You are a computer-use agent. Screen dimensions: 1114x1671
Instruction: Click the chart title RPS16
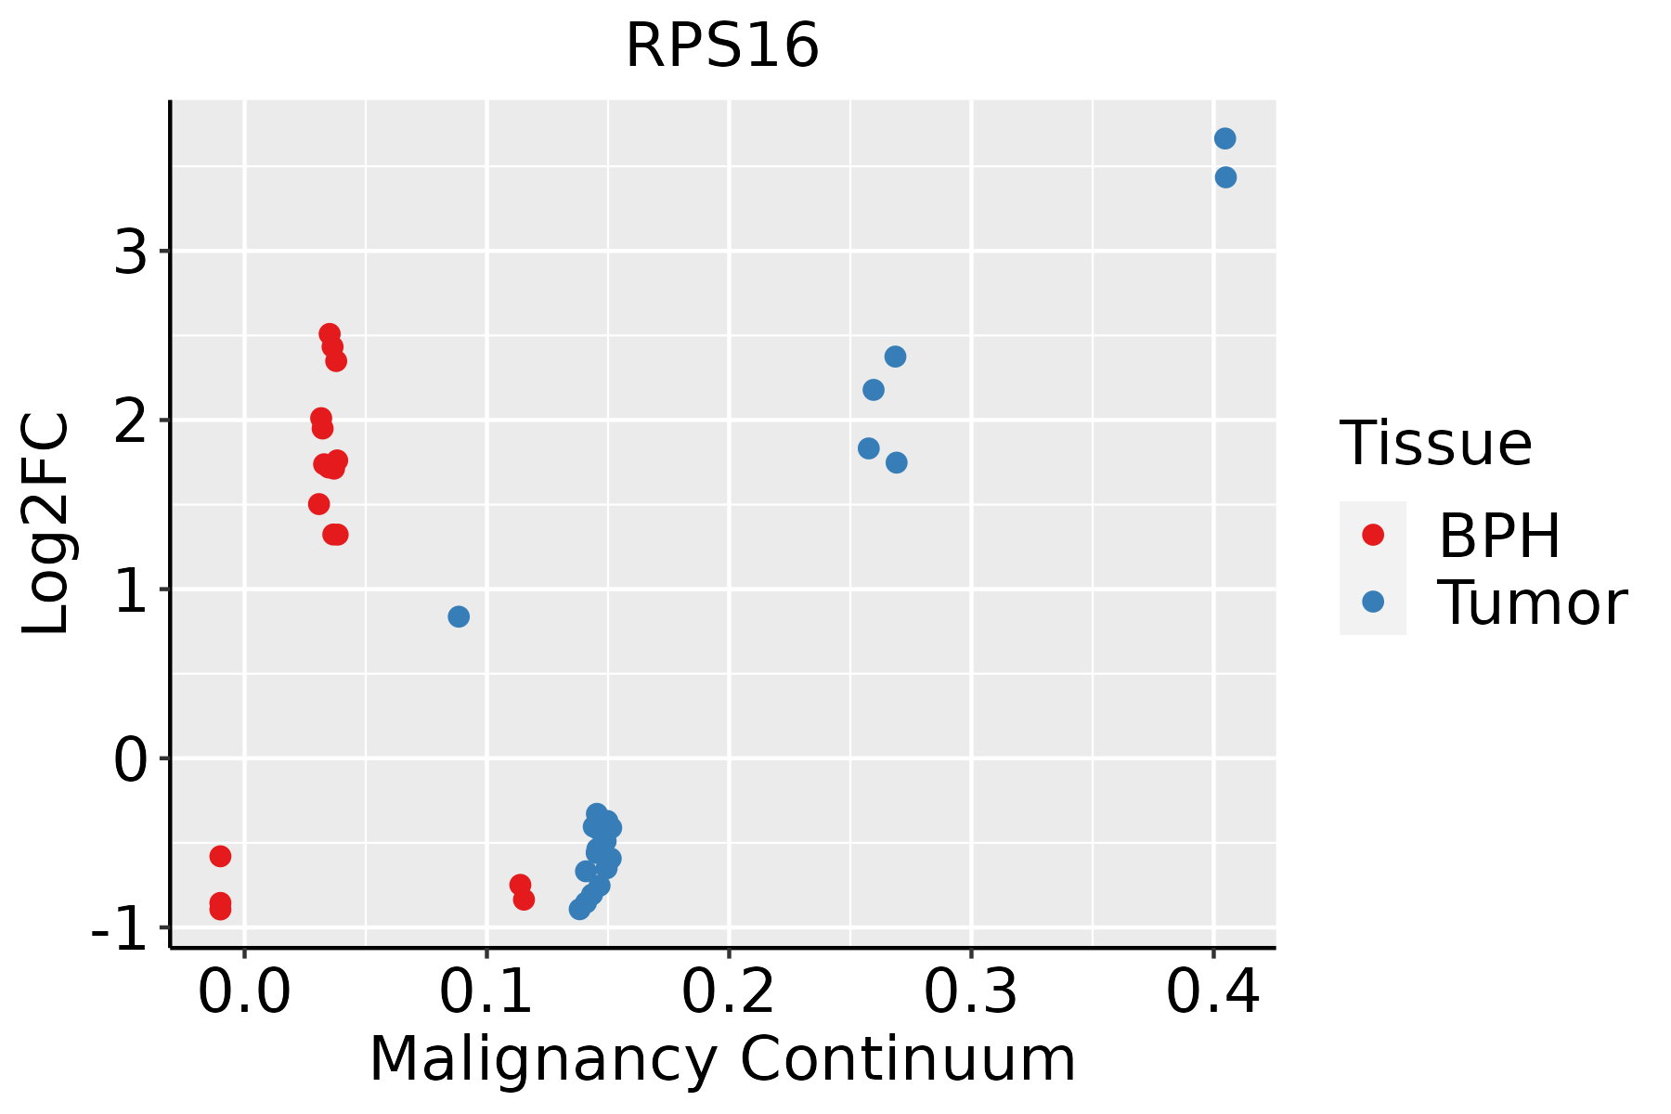pos(722,46)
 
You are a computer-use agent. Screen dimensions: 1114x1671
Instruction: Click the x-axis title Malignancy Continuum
pos(722,1059)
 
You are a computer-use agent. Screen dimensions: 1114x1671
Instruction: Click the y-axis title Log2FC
pos(46,525)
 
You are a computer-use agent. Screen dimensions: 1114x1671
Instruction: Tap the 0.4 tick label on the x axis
pos(1212,993)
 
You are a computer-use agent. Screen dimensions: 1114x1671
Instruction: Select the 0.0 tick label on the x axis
pos(244,993)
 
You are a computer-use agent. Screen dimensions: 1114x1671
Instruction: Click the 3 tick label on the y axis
pos(131,252)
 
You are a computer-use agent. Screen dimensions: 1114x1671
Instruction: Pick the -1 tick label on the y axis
pos(120,927)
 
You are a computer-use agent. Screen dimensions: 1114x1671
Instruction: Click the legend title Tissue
pos(1435,444)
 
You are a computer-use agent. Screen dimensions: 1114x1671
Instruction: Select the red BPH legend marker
pos(1372,535)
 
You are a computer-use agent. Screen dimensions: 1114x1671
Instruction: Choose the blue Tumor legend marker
pos(1372,602)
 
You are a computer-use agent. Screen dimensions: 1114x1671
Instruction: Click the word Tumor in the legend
pos(1532,603)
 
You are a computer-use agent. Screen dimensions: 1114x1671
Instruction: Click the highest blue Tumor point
pos(1224,138)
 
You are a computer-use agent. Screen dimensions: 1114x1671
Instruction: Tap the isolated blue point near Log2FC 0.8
pos(459,616)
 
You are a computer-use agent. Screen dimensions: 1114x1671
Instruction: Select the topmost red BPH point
pos(330,334)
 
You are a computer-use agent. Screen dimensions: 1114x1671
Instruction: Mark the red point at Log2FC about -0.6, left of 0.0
pos(220,856)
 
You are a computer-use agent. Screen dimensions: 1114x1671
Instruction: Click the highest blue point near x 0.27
pos(895,356)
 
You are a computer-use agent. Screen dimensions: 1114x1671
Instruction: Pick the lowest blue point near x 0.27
pos(896,462)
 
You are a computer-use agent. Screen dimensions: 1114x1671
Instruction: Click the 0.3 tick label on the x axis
pos(970,993)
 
